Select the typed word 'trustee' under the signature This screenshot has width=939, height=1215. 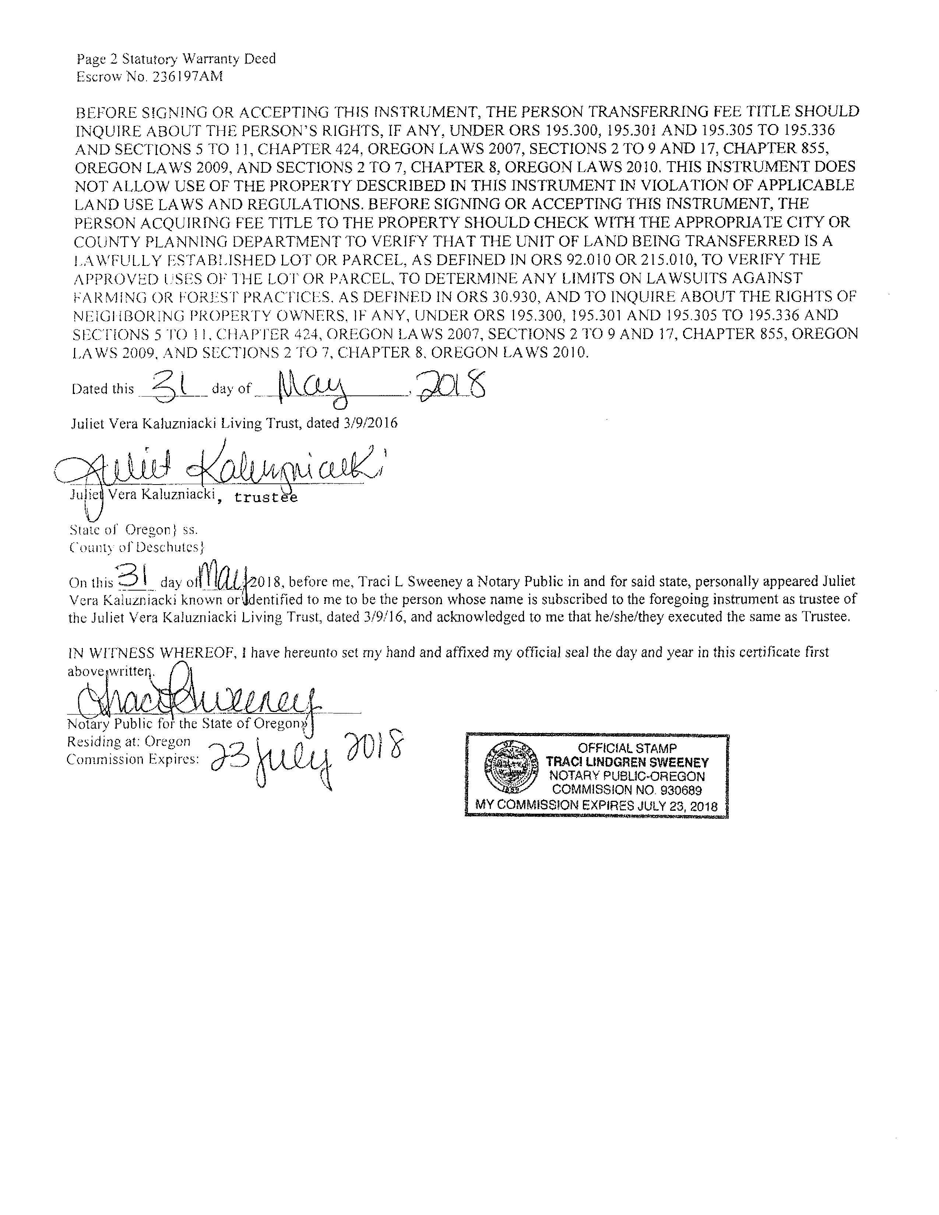[266, 497]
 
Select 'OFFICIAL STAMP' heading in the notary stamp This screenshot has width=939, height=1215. [627, 748]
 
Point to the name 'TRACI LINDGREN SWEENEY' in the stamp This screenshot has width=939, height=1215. [627, 762]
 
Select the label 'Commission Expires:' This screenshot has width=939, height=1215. [133, 759]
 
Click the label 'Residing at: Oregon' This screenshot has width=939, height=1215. [129, 742]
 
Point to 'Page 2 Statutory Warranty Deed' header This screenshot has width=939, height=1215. [176, 59]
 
